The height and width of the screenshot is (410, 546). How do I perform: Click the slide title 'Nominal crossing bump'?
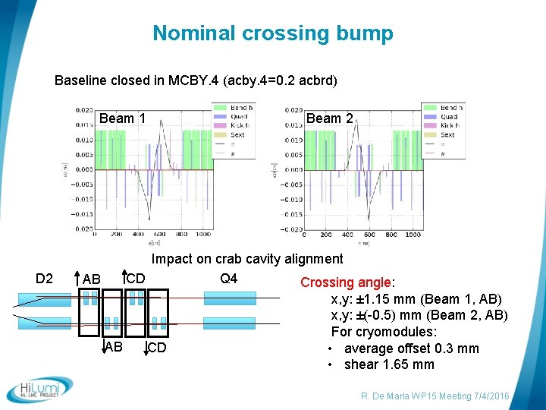click(273, 33)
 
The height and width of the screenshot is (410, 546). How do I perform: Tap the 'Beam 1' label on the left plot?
click(122, 118)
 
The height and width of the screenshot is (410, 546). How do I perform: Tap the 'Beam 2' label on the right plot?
click(329, 118)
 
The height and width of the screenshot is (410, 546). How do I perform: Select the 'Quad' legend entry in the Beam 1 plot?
click(240, 117)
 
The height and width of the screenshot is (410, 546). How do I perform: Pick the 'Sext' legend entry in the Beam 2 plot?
click(447, 135)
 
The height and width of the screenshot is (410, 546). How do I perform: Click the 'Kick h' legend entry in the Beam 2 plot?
click(450, 126)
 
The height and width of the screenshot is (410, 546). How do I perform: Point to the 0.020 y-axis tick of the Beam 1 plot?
click(84, 110)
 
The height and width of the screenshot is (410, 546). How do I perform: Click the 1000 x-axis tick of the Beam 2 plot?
click(413, 235)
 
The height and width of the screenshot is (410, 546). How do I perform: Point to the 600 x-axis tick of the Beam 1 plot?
click(159, 235)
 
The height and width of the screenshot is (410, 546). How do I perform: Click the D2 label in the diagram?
click(44, 279)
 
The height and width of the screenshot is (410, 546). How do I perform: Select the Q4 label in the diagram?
click(228, 279)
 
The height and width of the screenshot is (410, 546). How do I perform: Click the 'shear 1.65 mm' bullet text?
click(389, 364)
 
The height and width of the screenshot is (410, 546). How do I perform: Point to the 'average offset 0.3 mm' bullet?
click(411, 348)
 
